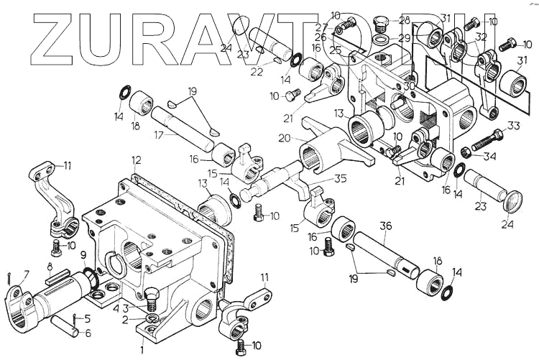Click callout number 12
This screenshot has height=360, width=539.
click(x=136, y=160)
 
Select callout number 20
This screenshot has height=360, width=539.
click(x=283, y=137)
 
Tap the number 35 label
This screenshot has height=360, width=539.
click(x=341, y=179)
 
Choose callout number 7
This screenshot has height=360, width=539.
click(x=27, y=275)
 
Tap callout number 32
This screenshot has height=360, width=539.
click(x=481, y=36)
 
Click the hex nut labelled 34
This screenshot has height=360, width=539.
click(x=466, y=152)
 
